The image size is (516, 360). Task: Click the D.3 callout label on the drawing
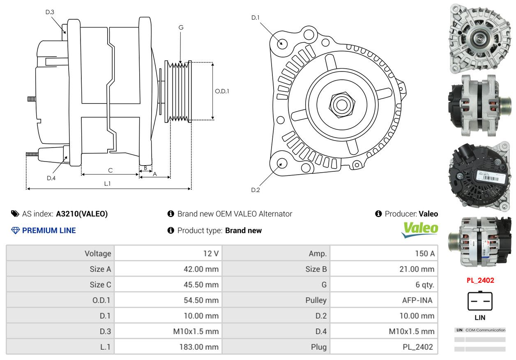(50, 12)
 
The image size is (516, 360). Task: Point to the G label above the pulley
(181, 28)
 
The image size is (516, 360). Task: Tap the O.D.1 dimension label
(222, 91)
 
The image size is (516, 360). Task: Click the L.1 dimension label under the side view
(107, 183)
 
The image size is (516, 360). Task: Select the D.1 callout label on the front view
(255, 18)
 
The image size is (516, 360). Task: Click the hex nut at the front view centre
(342, 105)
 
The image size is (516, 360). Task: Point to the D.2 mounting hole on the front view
(281, 163)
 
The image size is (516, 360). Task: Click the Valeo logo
(419, 230)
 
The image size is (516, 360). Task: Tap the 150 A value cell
(384, 253)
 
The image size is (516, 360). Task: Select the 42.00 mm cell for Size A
(168, 269)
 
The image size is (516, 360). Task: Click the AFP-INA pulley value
(417, 300)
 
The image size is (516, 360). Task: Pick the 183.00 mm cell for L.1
(168, 346)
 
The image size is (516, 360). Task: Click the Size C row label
(100, 285)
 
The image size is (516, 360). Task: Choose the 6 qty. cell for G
(384, 285)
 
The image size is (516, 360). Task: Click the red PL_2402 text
(480, 280)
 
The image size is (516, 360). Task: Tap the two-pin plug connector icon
(480, 301)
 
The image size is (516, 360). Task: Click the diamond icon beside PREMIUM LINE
(16, 231)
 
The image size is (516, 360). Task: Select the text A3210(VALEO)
(82, 214)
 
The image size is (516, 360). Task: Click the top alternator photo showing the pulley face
(480, 39)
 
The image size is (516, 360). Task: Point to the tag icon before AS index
(15, 214)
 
